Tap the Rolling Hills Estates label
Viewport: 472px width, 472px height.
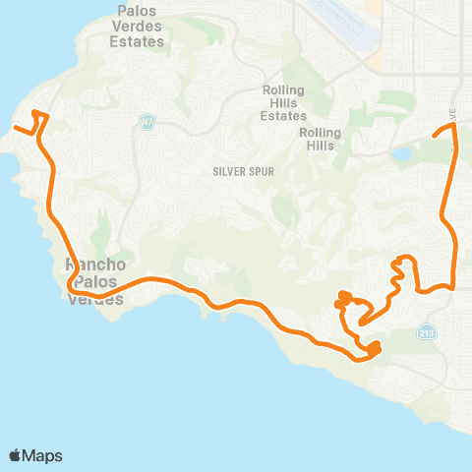click(284, 102)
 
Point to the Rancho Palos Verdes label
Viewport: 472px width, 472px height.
click(93, 281)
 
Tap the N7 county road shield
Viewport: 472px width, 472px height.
click(147, 122)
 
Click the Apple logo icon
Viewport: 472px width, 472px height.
click(16, 455)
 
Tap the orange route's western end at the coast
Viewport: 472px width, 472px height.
click(14, 129)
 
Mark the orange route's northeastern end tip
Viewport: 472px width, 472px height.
click(434, 134)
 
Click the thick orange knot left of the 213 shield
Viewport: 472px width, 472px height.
click(374, 346)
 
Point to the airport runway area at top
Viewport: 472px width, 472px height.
click(339, 22)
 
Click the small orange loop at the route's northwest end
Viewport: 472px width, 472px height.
click(39, 116)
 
